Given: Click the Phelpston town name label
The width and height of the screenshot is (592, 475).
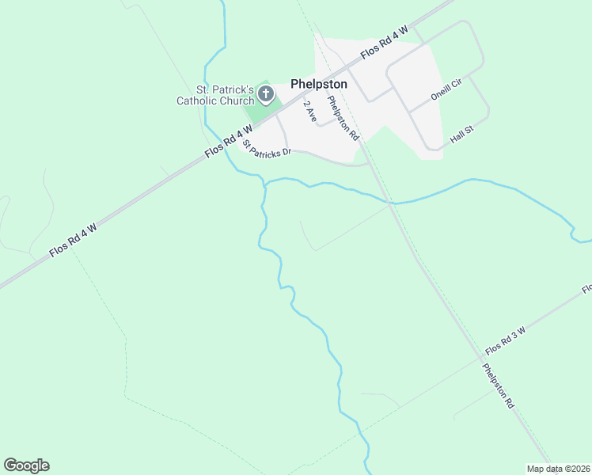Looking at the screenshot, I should pos(319,83).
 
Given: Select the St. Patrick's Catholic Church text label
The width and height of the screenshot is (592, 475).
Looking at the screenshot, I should pos(214,95).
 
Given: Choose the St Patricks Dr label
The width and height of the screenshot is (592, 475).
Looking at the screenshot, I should pos(267,148).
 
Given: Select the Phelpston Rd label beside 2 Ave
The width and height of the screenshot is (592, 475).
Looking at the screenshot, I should pos(343,118).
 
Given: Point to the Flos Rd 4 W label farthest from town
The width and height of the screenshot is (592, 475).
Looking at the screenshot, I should pos(73,239).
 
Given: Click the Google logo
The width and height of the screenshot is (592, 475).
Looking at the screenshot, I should pos(26,465).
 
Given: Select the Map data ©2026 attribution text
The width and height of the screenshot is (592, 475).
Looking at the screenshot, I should pos(558,469).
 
